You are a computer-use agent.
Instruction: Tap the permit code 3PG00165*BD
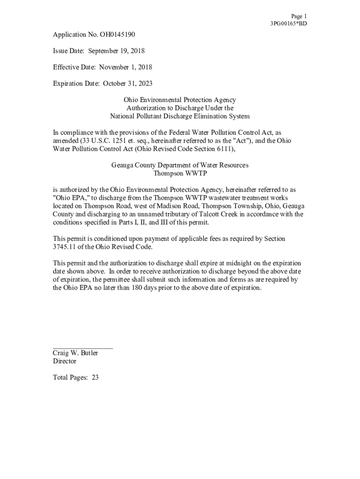(288, 23)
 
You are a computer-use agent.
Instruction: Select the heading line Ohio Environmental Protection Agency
(180, 100)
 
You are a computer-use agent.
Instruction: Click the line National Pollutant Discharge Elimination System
(180, 116)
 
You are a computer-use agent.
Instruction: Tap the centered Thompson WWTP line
(180, 173)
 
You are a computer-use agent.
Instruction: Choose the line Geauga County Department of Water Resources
(180, 165)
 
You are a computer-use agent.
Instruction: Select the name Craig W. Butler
(75, 353)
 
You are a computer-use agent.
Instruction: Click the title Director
(65, 361)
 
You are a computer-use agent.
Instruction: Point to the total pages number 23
(95, 377)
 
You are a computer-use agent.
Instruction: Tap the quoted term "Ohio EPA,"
(68, 198)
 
